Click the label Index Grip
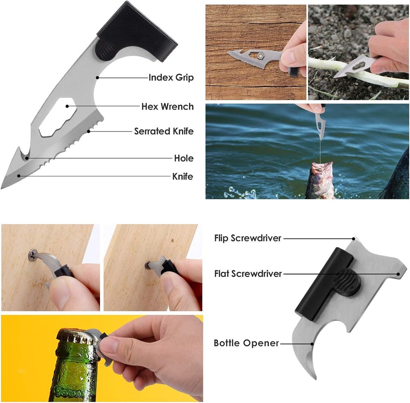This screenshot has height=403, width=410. pyautogui.click(x=171, y=77)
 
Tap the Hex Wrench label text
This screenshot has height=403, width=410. pyautogui.click(x=167, y=107)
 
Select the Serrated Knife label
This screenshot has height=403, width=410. pyautogui.click(x=164, y=131)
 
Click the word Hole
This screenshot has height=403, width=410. pyautogui.click(x=184, y=158)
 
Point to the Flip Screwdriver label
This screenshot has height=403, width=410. pyautogui.click(x=248, y=238)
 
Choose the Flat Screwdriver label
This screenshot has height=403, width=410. pyautogui.click(x=248, y=274)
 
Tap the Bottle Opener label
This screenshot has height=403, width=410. pyautogui.click(x=246, y=343)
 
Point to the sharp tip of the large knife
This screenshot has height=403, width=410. pyautogui.click(x=2, y=187)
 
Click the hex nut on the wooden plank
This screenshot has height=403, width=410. pyautogui.click(x=260, y=56)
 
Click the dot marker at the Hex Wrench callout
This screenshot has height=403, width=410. pyautogui.click(x=67, y=106)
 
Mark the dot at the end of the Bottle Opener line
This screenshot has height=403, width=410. pyautogui.click(x=312, y=344)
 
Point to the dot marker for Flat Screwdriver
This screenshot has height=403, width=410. pyautogui.click(x=398, y=274)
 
